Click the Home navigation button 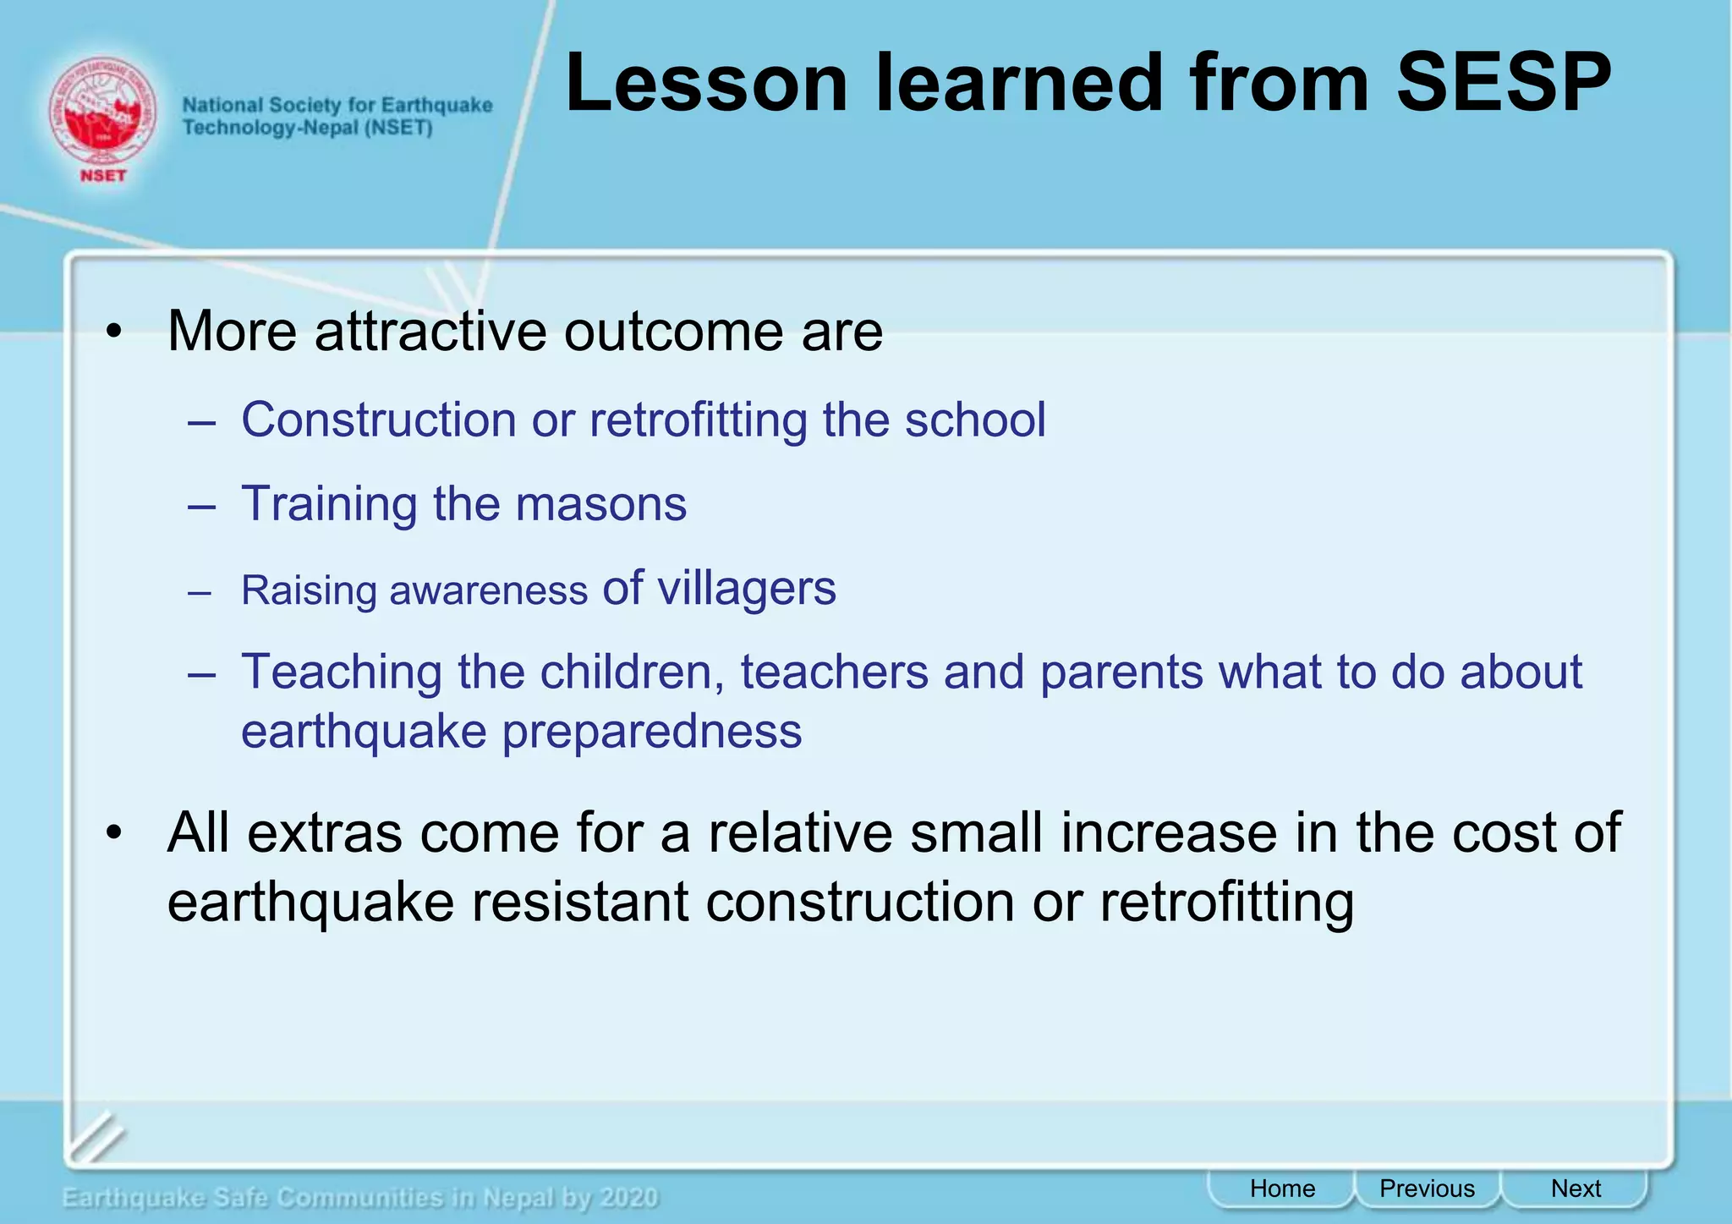tap(1282, 1188)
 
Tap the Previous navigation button tap(1427, 1188)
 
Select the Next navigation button tap(1576, 1188)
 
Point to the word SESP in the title tap(1503, 83)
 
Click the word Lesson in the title tap(706, 83)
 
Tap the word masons tap(600, 504)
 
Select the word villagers tap(747, 588)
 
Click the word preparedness tap(651, 732)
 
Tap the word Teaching tap(342, 672)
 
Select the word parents tap(1121, 672)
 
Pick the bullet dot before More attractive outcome tap(115, 332)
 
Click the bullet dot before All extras tap(115, 834)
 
